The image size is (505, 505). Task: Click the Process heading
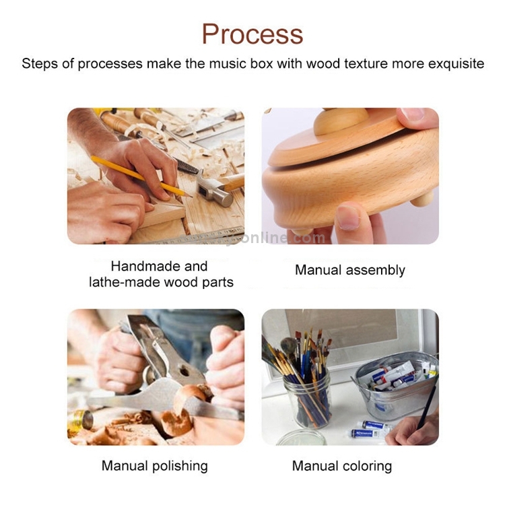(x=252, y=34)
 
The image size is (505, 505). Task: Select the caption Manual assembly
(x=350, y=270)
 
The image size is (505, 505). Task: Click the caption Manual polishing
(x=155, y=466)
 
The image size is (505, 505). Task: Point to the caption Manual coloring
(x=342, y=466)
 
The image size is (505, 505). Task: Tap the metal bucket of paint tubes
(x=395, y=386)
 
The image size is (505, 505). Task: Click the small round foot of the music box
(x=423, y=199)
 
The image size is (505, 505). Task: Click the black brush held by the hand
(x=428, y=407)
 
